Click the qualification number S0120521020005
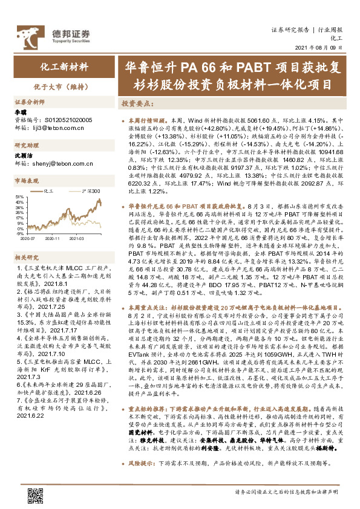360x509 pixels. click(x=64, y=120)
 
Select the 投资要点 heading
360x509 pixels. click(x=137, y=103)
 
